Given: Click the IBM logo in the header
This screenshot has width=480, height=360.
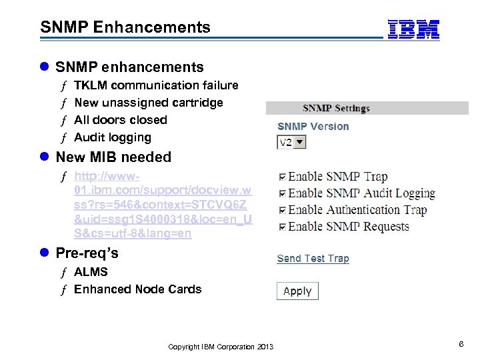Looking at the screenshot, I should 413,29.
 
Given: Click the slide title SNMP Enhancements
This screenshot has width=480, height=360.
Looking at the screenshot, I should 125,27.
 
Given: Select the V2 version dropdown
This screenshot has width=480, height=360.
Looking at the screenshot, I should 291,142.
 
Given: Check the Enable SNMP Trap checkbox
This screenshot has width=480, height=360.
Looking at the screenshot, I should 283,177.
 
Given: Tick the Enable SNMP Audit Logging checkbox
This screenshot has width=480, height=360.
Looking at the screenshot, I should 283,194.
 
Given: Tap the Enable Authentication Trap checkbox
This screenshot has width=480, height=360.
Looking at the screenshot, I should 283,211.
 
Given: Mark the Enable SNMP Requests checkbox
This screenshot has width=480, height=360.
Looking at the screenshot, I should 283,227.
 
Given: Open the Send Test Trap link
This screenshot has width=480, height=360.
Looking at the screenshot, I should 313,259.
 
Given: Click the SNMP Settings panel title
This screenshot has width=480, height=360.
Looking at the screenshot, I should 336,108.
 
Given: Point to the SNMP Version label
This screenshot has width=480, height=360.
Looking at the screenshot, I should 313,127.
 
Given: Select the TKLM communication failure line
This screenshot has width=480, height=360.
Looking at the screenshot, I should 156,85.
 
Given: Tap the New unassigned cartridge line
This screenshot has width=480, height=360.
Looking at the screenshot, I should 148,103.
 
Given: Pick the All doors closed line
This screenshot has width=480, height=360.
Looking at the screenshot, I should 121,120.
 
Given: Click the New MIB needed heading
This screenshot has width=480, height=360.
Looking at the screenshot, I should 113,157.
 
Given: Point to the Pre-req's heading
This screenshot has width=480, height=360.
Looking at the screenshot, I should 87,254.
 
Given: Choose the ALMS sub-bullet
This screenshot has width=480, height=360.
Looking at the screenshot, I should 91,272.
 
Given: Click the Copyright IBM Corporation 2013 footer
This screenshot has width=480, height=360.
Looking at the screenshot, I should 221,347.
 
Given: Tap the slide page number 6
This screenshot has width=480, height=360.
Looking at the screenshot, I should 461,343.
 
